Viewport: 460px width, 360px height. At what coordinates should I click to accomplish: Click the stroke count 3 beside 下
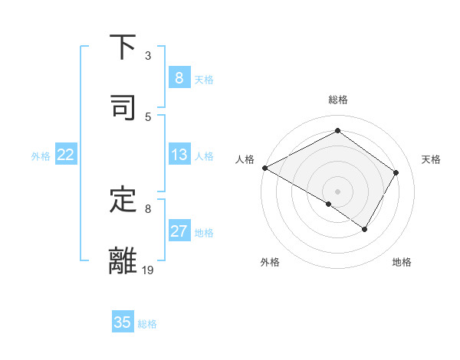148,55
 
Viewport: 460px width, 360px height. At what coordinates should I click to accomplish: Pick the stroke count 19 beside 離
148,270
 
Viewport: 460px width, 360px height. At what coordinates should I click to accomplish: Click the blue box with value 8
179,77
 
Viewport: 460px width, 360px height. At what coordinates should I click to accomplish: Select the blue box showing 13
179,155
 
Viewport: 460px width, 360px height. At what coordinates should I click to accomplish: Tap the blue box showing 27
179,231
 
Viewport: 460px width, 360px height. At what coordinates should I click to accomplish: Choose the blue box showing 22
66,155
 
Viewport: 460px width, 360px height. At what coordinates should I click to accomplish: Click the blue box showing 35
123,322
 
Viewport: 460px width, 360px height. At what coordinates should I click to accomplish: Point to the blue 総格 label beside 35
147,324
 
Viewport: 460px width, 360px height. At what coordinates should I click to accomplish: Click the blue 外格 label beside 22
41,156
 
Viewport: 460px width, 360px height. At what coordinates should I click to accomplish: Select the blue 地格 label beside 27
205,233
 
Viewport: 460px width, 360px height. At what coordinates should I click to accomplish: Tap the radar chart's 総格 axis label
337,100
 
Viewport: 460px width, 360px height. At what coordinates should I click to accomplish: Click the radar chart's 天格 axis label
432,159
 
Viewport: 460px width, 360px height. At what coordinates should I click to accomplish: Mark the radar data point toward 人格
264,167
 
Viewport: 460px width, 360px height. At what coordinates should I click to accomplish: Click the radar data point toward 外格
329,204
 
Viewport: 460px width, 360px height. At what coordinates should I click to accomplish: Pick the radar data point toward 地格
365,229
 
